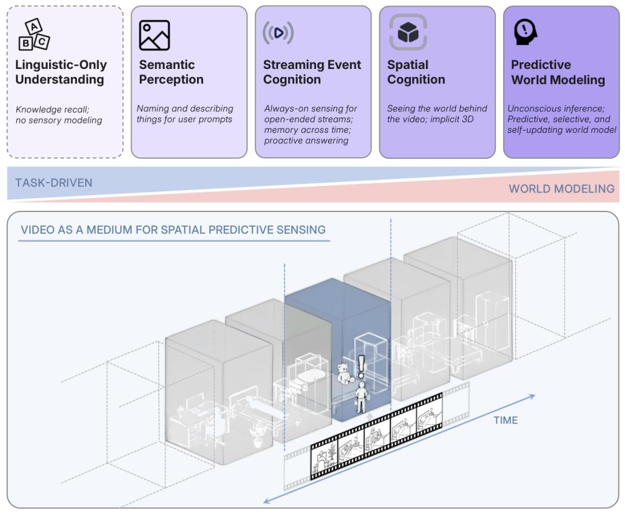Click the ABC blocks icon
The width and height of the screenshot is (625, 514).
34,34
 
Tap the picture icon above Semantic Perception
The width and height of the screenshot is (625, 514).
155,35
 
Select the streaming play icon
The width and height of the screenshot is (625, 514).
278,33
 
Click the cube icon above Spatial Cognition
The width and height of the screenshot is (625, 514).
407,32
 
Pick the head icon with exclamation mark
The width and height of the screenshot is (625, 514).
525,32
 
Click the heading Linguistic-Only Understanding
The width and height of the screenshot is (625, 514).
61,72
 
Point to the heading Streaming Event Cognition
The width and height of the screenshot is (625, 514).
312,72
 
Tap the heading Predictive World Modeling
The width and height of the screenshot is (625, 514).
557,72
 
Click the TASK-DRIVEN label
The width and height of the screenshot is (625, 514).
53,183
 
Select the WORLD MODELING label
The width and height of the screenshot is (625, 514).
561,189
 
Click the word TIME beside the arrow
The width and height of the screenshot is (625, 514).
505,420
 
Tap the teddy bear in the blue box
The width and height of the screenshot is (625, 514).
346,373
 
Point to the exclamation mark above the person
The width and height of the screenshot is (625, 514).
362,366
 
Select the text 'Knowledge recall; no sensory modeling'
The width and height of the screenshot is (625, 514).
58,115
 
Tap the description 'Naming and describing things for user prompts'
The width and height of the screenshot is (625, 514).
185,114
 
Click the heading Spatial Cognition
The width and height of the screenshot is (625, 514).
416,72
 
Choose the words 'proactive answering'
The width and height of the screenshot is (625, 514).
306,141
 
